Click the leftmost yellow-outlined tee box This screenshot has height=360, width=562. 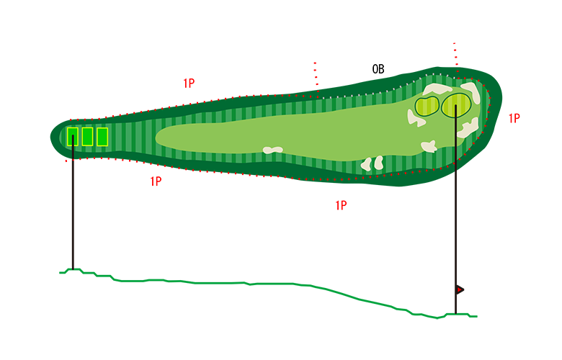pyautogui.click(x=72, y=136)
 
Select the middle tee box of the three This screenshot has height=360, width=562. pyautogui.click(x=87, y=136)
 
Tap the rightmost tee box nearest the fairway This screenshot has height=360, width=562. pyautogui.click(x=102, y=136)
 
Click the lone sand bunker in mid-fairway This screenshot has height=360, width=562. pyautogui.click(x=272, y=150)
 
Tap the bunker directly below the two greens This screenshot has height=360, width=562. pyautogui.click(x=429, y=146)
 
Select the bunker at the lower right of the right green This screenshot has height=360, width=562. pyautogui.click(x=469, y=130)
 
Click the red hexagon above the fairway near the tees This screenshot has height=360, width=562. pyautogui.click(x=185, y=74)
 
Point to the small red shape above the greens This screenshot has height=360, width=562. pyautogui.click(x=455, y=52)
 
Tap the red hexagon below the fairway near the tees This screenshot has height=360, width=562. pyautogui.click(x=152, y=201)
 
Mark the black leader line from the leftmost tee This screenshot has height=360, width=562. pyautogui.click(x=73, y=148)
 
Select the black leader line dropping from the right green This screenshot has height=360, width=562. pyautogui.click(x=456, y=144)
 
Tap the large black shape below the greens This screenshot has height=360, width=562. pyautogui.click(x=468, y=230)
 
